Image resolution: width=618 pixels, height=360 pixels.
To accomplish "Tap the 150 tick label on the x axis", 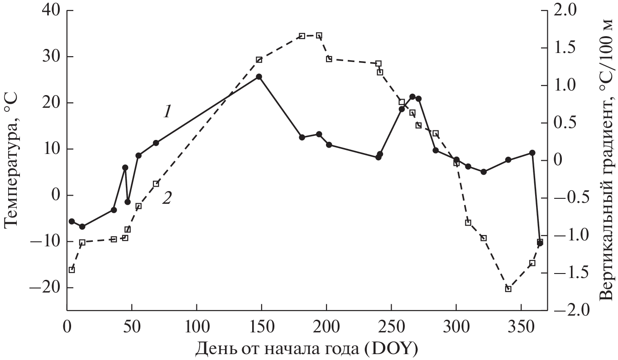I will (x=261, y=326).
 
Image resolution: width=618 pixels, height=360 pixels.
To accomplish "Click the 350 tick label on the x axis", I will (x=521, y=326).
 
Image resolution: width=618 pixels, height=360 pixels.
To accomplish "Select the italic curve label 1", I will (x=167, y=111).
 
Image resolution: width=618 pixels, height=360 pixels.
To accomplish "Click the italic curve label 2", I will (x=167, y=198).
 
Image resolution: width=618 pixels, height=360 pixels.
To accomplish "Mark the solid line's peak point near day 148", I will (x=259, y=77).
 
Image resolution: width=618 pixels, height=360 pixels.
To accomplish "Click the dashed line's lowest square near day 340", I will (x=508, y=288).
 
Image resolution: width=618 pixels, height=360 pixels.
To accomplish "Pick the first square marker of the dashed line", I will (x=72, y=270).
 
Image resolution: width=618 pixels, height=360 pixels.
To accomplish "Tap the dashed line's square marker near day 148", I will (x=259, y=60).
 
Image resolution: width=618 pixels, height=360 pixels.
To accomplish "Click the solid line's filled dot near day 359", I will (x=532, y=153).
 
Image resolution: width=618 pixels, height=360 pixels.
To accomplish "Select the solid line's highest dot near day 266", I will (x=412, y=96).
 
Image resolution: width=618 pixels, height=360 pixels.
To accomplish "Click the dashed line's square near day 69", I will (x=156, y=183).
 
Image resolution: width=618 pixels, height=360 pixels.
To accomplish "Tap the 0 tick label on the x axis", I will (x=67, y=326).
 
